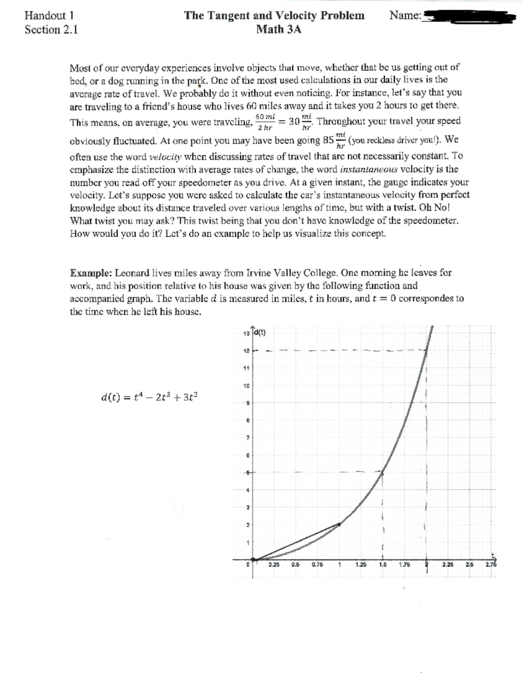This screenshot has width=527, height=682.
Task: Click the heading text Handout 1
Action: [49, 15]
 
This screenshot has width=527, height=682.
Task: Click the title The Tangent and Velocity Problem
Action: [274, 15]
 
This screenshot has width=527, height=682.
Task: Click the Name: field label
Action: [404, 15]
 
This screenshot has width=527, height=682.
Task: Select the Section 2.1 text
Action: [51, 30]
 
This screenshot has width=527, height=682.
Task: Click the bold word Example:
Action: [91, 273]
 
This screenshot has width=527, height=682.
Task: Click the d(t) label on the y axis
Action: [259, 332]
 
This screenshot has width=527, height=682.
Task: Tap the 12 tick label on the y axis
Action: [246, 350]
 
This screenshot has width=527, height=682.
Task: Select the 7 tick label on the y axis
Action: [248, 437]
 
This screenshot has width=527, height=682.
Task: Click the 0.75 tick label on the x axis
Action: [317, 565]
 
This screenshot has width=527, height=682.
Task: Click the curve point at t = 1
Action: [339, 524]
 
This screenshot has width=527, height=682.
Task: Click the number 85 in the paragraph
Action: [328, 141]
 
